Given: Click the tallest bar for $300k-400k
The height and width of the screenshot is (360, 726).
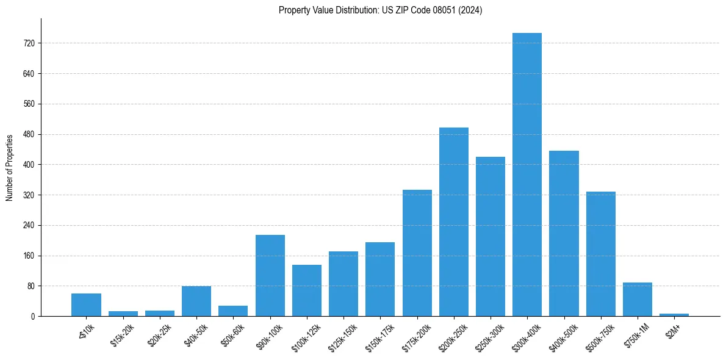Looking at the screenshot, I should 527,175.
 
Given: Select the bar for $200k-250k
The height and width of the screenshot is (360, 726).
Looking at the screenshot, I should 453,221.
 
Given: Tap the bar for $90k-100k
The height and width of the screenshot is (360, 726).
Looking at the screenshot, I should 270,275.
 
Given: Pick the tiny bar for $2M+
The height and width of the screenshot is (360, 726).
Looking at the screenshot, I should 674,314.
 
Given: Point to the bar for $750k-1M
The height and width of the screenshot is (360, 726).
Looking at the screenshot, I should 637,299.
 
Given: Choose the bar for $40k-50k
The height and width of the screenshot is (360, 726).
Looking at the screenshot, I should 196,301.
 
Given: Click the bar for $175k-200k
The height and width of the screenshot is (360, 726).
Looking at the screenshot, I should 417,253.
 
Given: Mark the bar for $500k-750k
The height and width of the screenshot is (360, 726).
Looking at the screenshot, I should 600,254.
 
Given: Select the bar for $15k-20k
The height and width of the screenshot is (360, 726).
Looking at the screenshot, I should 123,314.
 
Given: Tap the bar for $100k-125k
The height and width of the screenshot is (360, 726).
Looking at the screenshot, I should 307,290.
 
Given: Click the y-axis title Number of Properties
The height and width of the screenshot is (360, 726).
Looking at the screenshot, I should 9,167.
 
